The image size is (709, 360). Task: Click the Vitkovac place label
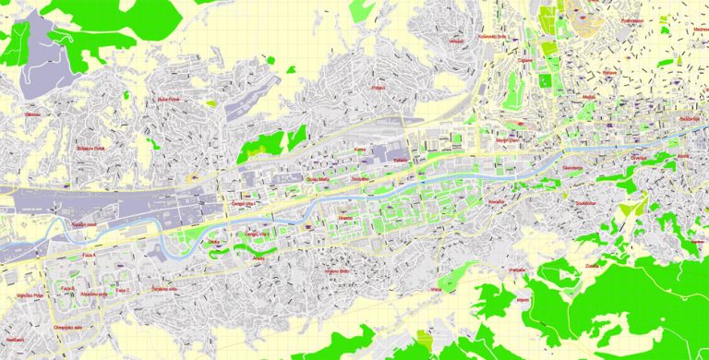tap(32, 114)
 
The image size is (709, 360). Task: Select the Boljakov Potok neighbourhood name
tap(92, 149)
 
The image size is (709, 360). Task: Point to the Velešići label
tap(456, 42)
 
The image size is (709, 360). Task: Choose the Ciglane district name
tap(525, 60)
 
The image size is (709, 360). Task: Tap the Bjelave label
tap(609, 71)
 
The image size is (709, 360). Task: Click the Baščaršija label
tap(689, 119)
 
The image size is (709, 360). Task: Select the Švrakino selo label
tap(166, 289)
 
